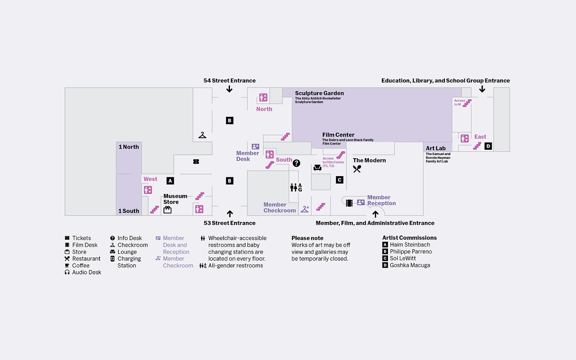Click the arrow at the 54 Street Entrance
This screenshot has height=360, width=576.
click(229, 89)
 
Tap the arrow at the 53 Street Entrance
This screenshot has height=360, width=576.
click(230, 213)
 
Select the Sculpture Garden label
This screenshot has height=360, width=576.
click(319, 93)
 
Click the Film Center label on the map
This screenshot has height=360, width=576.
click(338, 135)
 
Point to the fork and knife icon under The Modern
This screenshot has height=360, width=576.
click(357, 169)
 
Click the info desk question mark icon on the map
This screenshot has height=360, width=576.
click(296, 163)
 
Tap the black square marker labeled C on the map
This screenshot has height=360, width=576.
click(339, 180)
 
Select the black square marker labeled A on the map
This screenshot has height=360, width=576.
click(170, 181)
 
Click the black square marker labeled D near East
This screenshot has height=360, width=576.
click(488, 146)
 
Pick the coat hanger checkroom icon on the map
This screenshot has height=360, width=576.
click(202, 135)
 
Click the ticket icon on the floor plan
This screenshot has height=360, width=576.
click(196, 162)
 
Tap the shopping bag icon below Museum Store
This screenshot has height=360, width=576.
click(167, 210)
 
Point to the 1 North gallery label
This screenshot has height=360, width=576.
click(129, 147)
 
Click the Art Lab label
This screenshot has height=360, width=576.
click(435, 148)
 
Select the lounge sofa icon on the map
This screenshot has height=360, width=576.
click(317, 168)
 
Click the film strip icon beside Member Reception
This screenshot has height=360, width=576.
click(349, 203)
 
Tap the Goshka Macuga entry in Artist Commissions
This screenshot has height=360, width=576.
click(410, 265)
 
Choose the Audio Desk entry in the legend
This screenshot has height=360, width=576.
click(86, 272)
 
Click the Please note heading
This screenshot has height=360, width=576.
click(307, 238)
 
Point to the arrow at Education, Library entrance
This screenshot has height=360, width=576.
click(482, 89)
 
